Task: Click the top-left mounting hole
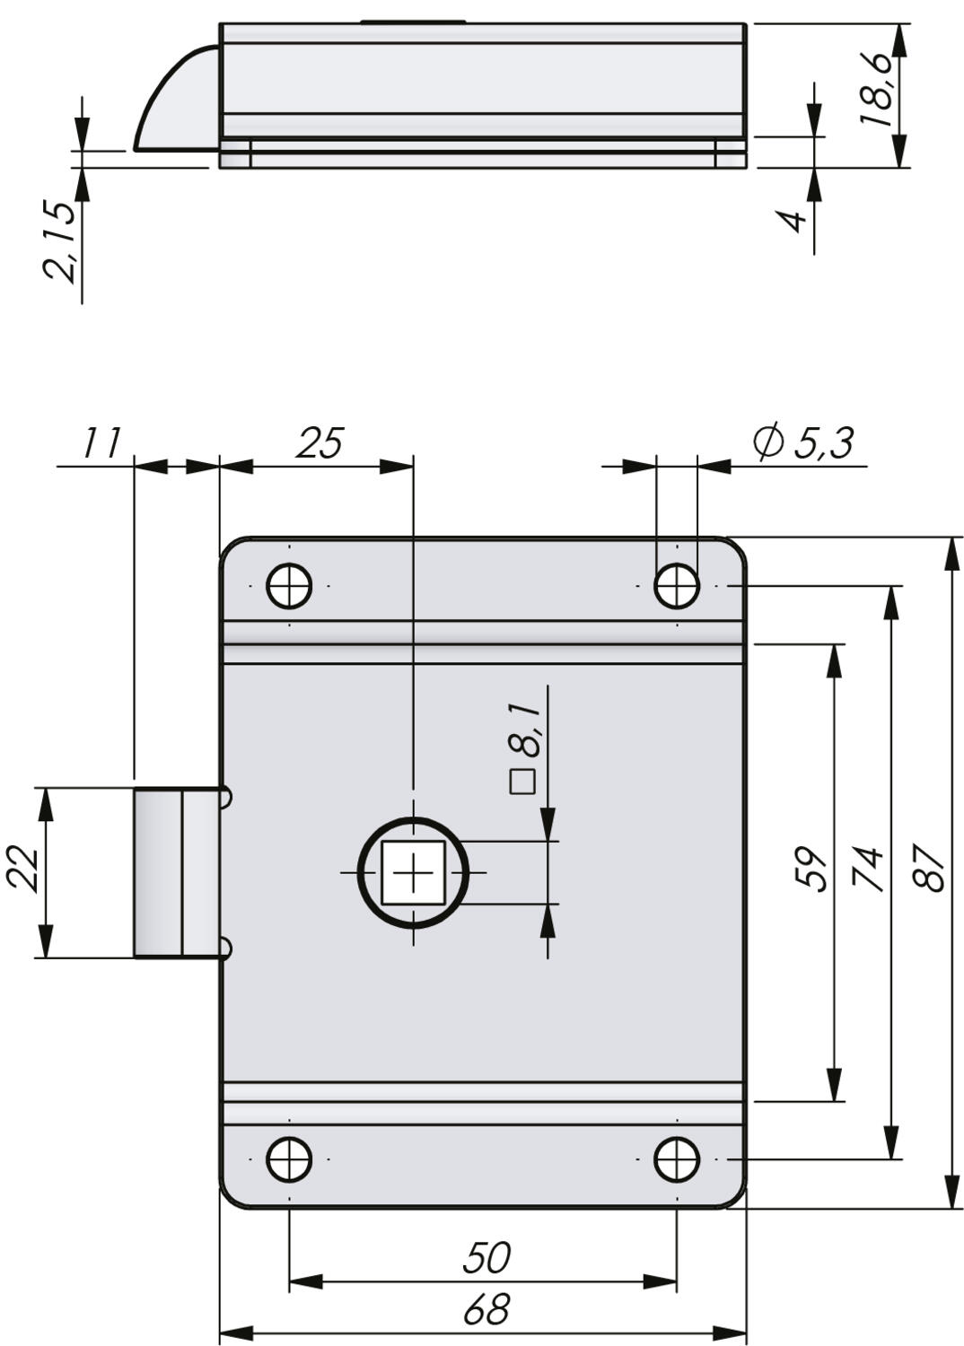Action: [289, 586]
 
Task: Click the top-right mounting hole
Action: [677, 586]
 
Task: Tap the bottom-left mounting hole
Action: [289, 1159]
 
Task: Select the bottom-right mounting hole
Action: [677, 1159]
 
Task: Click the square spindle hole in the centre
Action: [414, 873]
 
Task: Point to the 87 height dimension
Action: [933, 869]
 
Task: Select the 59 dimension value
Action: [811, 869]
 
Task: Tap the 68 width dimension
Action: [486, 1310]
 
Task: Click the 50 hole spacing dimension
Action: [486, 1258]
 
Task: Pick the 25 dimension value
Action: [320, 443]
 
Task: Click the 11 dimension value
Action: [101, 443]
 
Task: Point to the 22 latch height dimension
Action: [24, 869]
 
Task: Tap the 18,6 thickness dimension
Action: [874, 92]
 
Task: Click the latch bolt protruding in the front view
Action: [177, 873]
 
